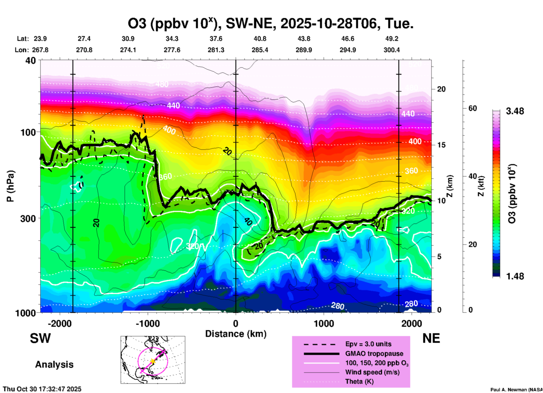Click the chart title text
pos(271,23)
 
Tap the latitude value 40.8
pos(260,39)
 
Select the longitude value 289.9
pos(304,50)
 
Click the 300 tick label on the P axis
pos(28,218)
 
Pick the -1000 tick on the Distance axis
pos(147,323)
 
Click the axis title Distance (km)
pos(236,334)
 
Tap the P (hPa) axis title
pos(10,186)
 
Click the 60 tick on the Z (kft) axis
pos(473,108)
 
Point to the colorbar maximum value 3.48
pos(515,111)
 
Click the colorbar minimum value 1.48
pos(515,276)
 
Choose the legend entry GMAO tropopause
pos(374,354)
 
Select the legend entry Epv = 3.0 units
pos(368,344)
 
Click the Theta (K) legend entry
pos(359,381)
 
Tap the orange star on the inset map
pos(153,361)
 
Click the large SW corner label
pos(40,338)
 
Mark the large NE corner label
pos(431,338)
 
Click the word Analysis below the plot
pos(54,365)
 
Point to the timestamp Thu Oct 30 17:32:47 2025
pos(42,389)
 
